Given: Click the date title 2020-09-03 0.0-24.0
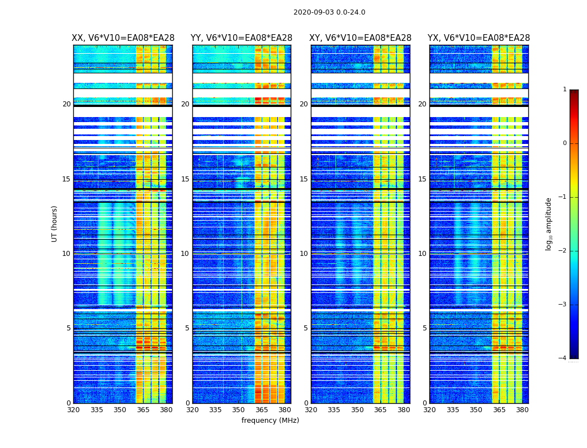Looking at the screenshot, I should click(329, 12).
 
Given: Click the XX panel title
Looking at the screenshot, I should click(123, 38).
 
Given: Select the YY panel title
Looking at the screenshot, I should click(242, 38).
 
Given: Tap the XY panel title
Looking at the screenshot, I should click(361, 38).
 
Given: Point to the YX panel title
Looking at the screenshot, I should click(479, 38).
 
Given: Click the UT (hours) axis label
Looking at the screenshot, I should click(54, 223).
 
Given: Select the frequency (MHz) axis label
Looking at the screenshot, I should click(270, 421).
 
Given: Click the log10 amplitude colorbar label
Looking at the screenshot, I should click(549, 223).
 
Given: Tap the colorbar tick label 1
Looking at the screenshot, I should click(565, 90).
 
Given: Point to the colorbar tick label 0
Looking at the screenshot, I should click(565, 143).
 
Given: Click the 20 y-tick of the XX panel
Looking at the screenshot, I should click(67, 104).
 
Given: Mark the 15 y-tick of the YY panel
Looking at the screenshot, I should click(186, 179).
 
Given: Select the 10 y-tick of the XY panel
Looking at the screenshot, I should click(304, 254).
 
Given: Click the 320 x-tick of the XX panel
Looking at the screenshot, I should click(73, 410).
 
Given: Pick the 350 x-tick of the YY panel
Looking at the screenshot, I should click(239, 410).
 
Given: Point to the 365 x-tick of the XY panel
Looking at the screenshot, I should click(380, 410).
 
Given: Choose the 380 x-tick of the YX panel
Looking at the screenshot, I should click(522, 410).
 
